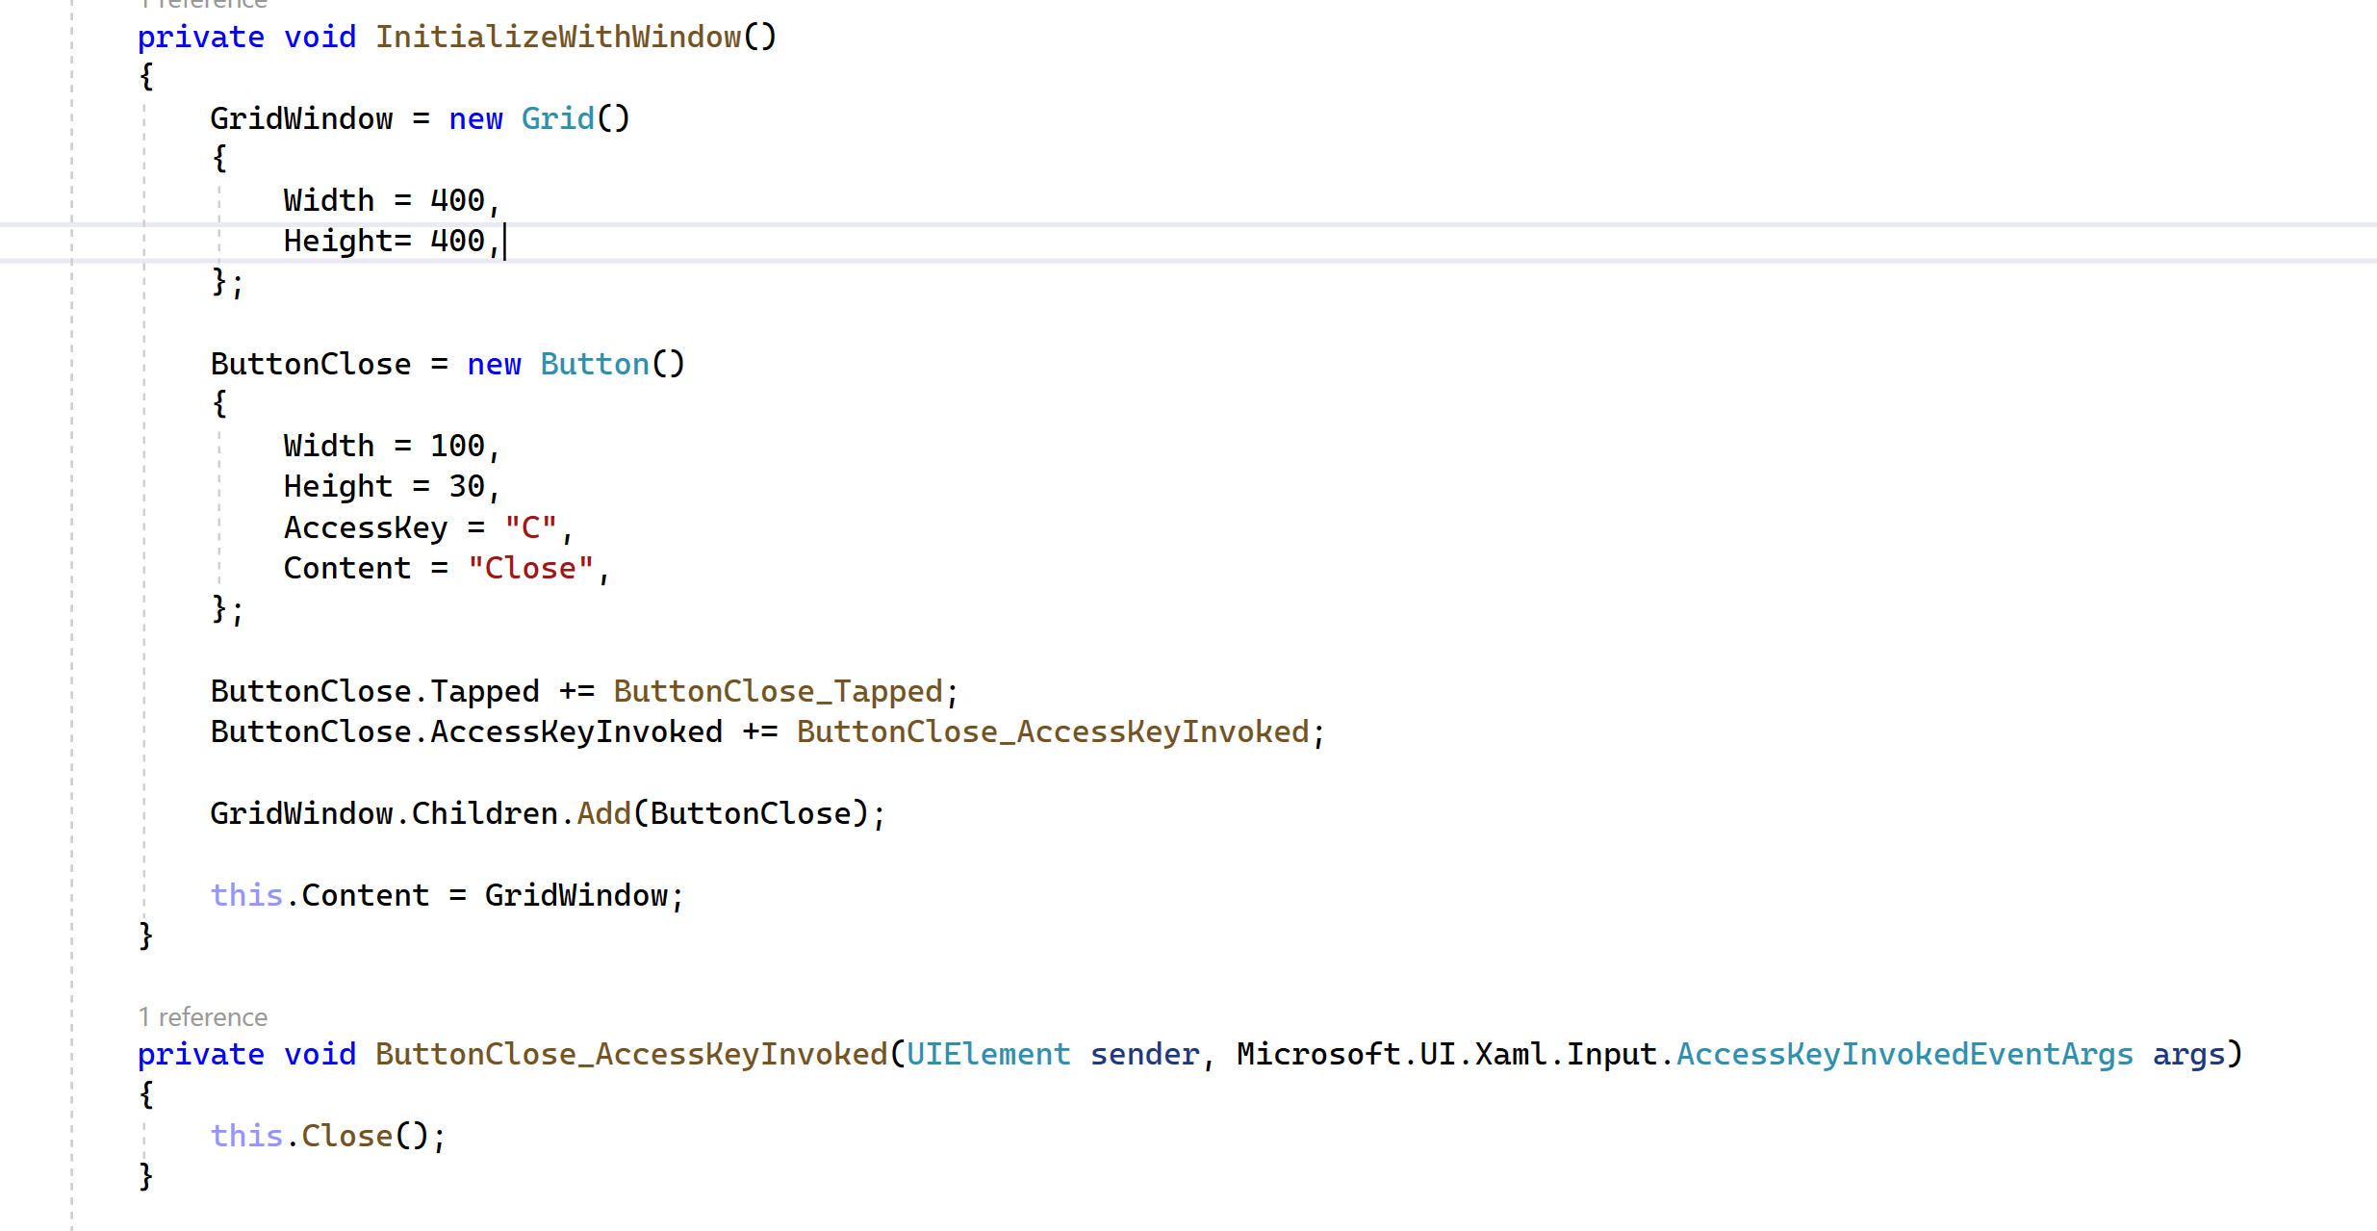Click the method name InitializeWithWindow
(558, 38)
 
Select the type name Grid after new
(557, 119)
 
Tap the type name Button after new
(594, 365)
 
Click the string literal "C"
(530, 528)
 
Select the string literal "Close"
(530, 569)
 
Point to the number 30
(467, 487)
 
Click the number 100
(457, 447)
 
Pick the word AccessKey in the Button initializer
(366, 528)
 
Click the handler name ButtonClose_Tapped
(778, 692)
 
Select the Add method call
(603, 814)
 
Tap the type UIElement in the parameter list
(988, 1055)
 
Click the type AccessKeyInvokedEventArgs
(1904, 1055)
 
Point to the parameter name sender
(1144, 1055)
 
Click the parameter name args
(2188, 1055)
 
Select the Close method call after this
(346, 1137)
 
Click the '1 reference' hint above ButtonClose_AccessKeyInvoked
(203, 1017)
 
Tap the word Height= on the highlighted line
(347, 242)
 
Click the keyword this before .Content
(246, 896)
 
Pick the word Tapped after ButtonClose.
(484, 692)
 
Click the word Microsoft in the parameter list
(1317, 1055)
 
